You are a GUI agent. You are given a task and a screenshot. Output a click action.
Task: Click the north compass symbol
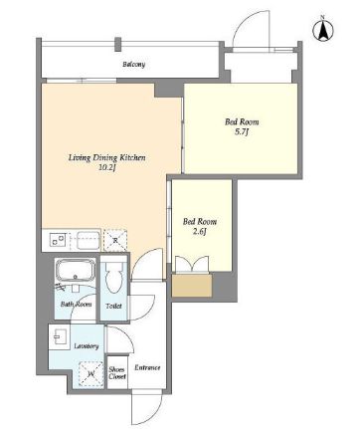tap(322, 30)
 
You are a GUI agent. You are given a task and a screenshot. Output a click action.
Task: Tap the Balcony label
tap(134, 64)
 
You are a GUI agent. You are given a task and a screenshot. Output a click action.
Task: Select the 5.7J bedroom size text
tap(242, 132)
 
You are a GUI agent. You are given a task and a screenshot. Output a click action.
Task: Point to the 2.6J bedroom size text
tap(200, 232)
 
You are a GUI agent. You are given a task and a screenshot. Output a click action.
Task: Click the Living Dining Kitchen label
tap(106, 157)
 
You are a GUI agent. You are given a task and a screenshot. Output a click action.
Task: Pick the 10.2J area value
tap(106, 167)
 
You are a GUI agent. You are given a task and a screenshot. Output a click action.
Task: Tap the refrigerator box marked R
tap(115, 240)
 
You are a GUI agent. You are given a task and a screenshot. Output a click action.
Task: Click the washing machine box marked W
tap(91, 374)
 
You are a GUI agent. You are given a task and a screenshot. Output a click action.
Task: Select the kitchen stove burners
tap(58, 240)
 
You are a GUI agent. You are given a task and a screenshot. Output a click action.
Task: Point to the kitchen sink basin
tap(89, 241)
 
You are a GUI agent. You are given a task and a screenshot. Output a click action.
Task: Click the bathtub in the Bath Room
tap(76, 271)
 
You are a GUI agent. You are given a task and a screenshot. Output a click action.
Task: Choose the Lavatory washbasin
tap(60, 337)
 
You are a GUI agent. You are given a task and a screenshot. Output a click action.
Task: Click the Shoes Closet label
tap(117, 373)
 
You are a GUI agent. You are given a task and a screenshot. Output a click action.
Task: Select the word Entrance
tap(147, 367)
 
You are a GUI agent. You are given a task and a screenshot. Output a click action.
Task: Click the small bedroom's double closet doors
tap(192, 265)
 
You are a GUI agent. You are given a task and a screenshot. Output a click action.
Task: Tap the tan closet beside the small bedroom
tap(192, 286)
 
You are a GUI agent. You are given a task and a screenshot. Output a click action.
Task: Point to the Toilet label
tap(113, 306)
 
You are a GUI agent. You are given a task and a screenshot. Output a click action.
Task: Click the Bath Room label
tap(77, 304)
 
